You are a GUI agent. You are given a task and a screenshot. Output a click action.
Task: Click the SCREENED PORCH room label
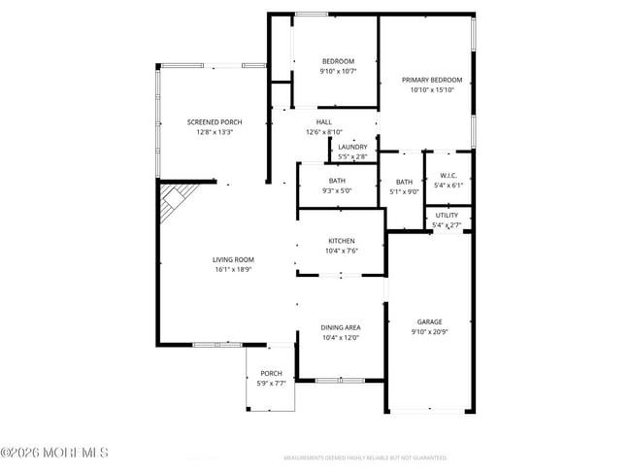pyautogui.click(x=215, y=121)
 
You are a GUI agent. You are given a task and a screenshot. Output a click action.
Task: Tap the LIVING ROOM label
pyautogui.click(x=234, y=259)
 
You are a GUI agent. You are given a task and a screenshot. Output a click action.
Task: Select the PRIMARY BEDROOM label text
pyautogui.click(x=433, y=80)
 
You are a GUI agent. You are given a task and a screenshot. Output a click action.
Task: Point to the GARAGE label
pyautogui.click(x=429, y=322)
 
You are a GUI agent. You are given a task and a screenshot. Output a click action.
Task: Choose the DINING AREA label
pyautogui.click(x=341, y=327)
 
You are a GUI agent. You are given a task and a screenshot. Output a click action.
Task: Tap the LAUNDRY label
pyautogui.click(x=352, y=147)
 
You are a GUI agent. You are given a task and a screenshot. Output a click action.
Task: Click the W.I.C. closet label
pyautogui.click(x=448, y=176)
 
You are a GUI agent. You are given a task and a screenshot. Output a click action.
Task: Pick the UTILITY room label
pyautogui.click(x=448, y=215)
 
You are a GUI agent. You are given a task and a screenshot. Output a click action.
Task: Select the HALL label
pyautogui.click(x=324, y=121)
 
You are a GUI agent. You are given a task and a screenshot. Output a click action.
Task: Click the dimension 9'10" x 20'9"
pyautogui.click(x=429, y=333)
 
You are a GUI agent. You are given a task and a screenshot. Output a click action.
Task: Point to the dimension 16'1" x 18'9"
pyautogui.click(x=234, y=270)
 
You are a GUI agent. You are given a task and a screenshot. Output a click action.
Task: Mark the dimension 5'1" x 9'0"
pyautogui.click(x=404, y=191)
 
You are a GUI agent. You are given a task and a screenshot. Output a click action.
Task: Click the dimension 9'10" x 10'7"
pyautogui.click(x=339, y=71)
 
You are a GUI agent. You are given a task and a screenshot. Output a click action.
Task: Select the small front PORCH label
pyautogui.click(x=271, y=373)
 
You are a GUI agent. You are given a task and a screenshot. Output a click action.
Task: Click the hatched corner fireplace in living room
pyautogui.click(x=175, y=201)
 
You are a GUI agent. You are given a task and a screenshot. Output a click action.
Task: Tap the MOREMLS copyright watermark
pyautogui.click(x=55, y=453)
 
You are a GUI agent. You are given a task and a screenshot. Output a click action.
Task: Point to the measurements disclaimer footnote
pyautogui.click(x=365, y=457)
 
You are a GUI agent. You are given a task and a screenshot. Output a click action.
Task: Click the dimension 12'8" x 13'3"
pyautogui.click(x=215, y=132)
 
